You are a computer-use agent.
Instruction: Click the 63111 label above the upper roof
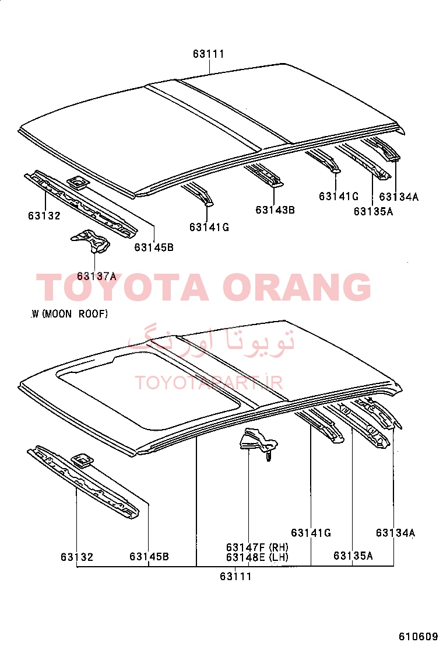pyautogui.click(x=208, y=54)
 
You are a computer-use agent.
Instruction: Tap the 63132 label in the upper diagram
pyautogui.click(x=44, y=215)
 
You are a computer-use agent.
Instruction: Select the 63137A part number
pyautogui.click(x=97, y=276)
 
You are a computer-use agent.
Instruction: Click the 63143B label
pyautogui.click(x=275, y=210)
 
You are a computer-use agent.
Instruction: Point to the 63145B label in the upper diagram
pyautogui.click(x=154, y=247)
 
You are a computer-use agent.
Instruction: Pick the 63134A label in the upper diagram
pyautogui.click(x=399, y=197)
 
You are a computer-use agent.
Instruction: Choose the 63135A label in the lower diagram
pyautogui.click(x=353, y=556)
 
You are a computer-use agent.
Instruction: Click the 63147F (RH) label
pyautogui.click(x=257, y=547)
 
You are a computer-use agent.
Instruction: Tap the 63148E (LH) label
pyautogui.click(x=257, y=557)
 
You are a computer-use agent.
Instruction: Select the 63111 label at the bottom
pyautogui.click(x=235, y=576)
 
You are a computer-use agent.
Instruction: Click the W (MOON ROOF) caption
pyautogui.click(x=69, y=314)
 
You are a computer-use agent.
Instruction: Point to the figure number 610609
pyautogui.click(x=418, y=636)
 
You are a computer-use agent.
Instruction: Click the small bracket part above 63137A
pyautogui.click(x=91, y=241)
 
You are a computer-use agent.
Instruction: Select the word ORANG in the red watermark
pyautogui.click(x=297, y=287)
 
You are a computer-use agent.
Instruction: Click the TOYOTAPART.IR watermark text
pyautogui.click(x=209, y=383)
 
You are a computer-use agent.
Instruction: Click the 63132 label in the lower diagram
pyautogui.click(x=77, y=557)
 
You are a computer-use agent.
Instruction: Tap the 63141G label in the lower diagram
pyautogui.click(x=311, y=533)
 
